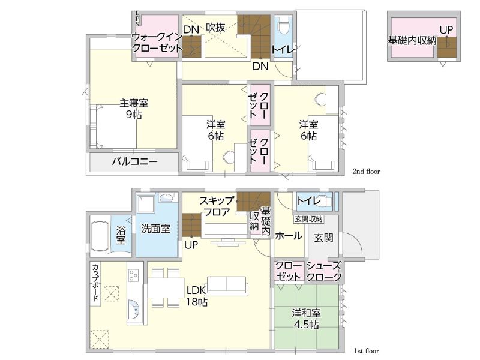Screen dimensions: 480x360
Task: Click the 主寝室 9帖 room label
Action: click(x=134, y=109)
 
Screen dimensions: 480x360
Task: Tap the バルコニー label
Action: click(x=134, y=161)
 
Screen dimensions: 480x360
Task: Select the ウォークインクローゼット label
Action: click(x=157, y=43)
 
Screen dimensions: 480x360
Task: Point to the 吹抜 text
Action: click(x=215, y=28)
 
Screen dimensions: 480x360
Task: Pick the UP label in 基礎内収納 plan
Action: click(x=446, y=30)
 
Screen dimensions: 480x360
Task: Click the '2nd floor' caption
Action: click(x=366, y=172)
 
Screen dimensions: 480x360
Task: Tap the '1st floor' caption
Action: click(x=367, y=351)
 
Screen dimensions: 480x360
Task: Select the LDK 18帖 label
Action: click(x=197, y=296)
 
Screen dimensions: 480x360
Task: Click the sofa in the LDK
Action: click(x=227, y=286)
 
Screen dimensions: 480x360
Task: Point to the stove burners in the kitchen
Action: click(x=133, y=275)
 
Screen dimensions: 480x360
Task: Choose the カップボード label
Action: click(x=95, y=282)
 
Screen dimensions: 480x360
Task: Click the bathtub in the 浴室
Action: click(x=100, y=236)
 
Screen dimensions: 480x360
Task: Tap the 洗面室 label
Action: click(x=155, y=229)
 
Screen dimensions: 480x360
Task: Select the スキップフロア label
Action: click(x=217, y=206)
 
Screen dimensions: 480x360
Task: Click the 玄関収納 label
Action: click(x=308, y=219)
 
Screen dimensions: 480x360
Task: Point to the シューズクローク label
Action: click(x=324, y=271)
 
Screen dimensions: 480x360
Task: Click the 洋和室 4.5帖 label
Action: click(x=306, y=319)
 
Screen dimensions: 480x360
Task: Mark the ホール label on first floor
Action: click(x=289, y=236)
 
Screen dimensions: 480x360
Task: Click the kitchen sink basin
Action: click(x=134, y=310)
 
